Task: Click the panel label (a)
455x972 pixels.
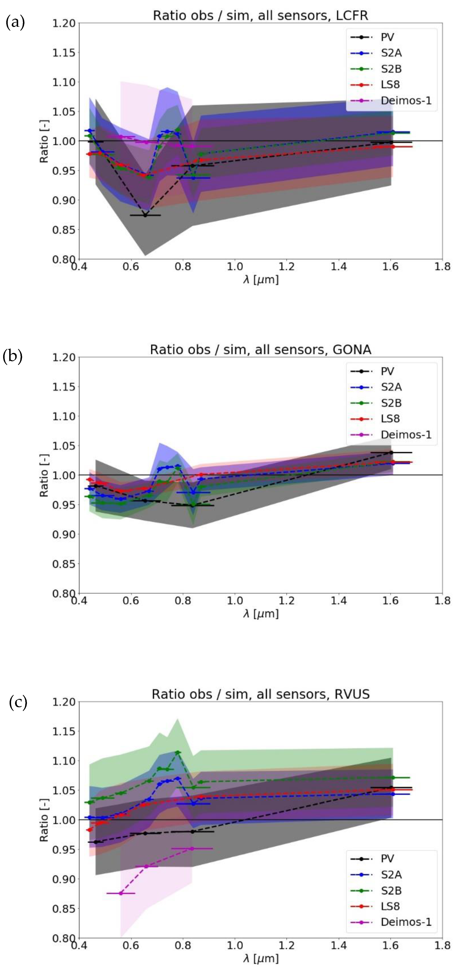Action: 15,23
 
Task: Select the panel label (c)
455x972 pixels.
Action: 18,702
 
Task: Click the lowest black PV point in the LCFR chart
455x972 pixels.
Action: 145,215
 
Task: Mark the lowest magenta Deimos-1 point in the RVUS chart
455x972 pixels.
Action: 121,893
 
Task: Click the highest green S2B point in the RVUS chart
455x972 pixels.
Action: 177,752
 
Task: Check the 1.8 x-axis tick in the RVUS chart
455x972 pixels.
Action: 442,945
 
